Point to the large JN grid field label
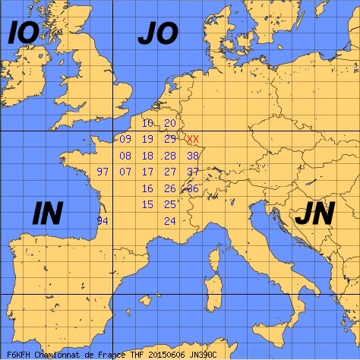[x=314, y=215]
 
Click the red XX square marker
[x=193, y=139]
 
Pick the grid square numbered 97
[x=103, y=172]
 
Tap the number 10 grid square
[x=147, y=123]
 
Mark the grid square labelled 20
[x=170, y=123]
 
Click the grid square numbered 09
[x=125, y=139]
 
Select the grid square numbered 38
[x=193, y=156]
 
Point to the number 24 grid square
[x=170, y=220]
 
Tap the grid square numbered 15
[x=147, y=204]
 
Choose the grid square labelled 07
[x=125, y=172]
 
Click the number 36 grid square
[x=193, y=188]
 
